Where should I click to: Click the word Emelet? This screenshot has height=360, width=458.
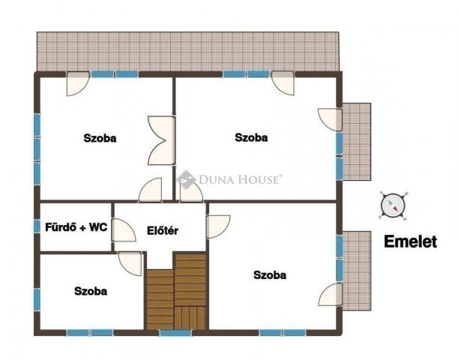click(409, 241)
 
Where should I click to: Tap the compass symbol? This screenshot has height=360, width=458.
click(393, 205)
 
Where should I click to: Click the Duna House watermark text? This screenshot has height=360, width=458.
click(240, 179)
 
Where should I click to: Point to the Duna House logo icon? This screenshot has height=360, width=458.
click(185, 180)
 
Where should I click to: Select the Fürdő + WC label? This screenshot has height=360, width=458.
click(75, 226)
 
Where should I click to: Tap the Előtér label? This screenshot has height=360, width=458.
click(162, 231)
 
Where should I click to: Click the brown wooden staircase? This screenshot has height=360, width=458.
click(176, 292)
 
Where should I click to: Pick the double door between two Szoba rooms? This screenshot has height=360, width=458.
click(163, 140)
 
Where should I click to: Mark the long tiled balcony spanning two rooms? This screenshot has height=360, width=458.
click(187, 51)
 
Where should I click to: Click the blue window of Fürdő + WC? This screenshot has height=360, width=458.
click(37, 226)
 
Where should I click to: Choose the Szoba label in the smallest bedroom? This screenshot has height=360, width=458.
click(90, 291)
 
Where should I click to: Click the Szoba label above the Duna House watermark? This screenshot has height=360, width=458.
click(251, 137)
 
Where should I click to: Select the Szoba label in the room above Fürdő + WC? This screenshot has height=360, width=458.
click(100, 138)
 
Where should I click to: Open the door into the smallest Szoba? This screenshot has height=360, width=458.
click(131, 262)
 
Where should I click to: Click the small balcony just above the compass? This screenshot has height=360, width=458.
click(356, 141)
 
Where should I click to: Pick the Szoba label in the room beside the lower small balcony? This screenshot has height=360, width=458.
click(270, 275)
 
